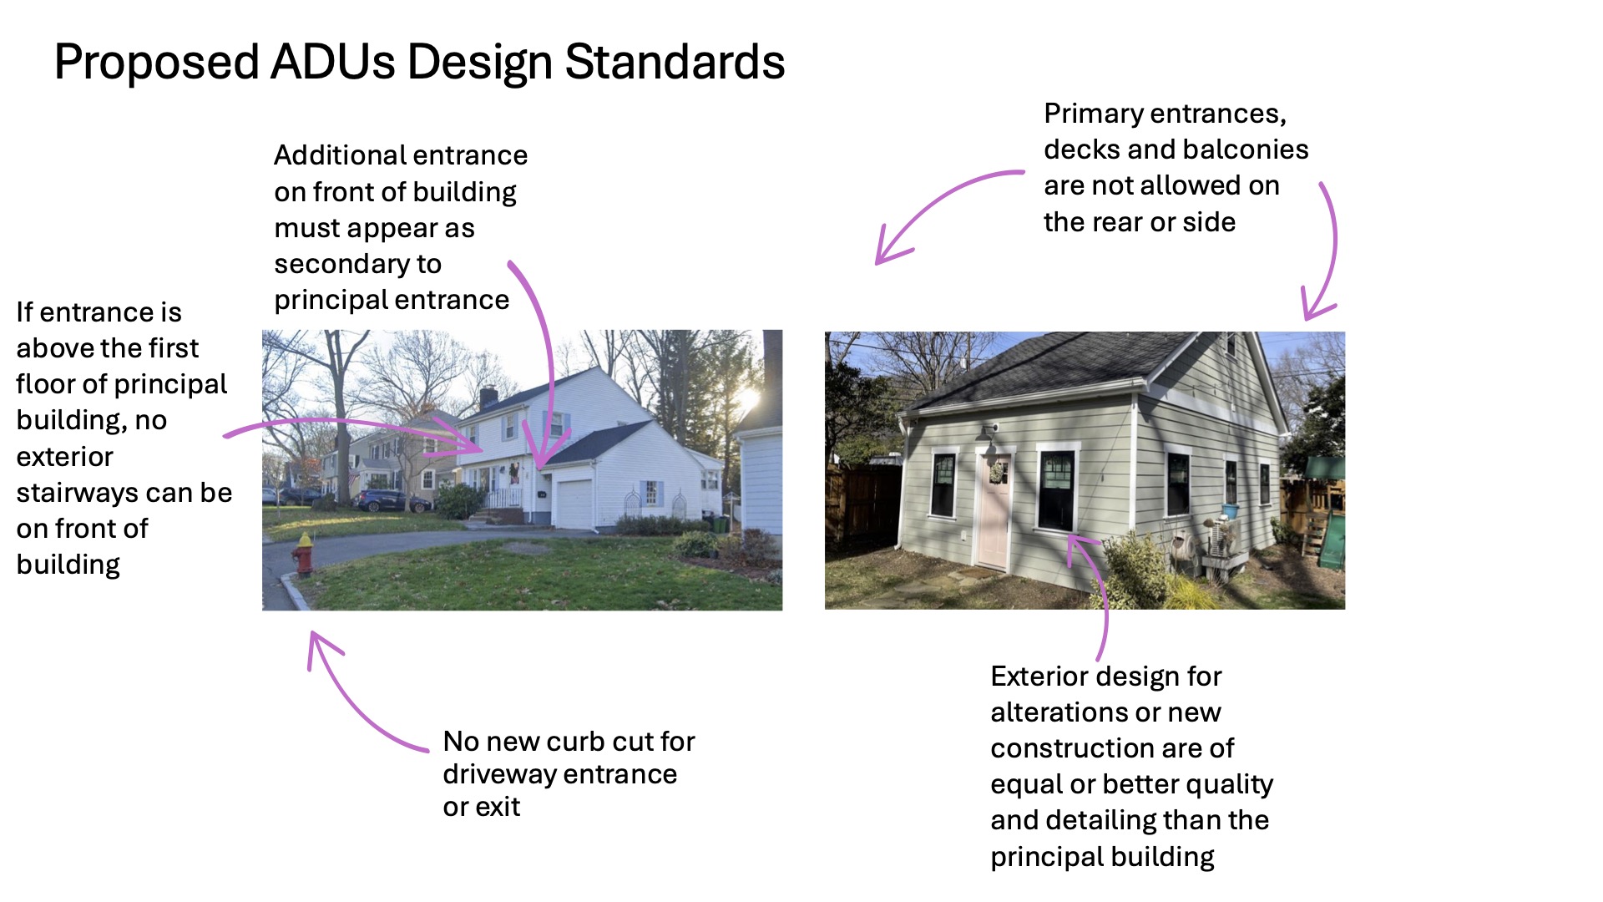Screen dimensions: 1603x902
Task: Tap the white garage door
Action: (x=574, y=504)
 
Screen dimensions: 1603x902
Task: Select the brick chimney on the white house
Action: (x=488, y=397)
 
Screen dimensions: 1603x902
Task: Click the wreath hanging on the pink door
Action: (x=996, y=473)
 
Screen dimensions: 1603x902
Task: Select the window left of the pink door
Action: (x=943, y=484)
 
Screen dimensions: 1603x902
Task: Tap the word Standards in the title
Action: (x=675, y=62)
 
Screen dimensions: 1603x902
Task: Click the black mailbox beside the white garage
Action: (x=542, y=494)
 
